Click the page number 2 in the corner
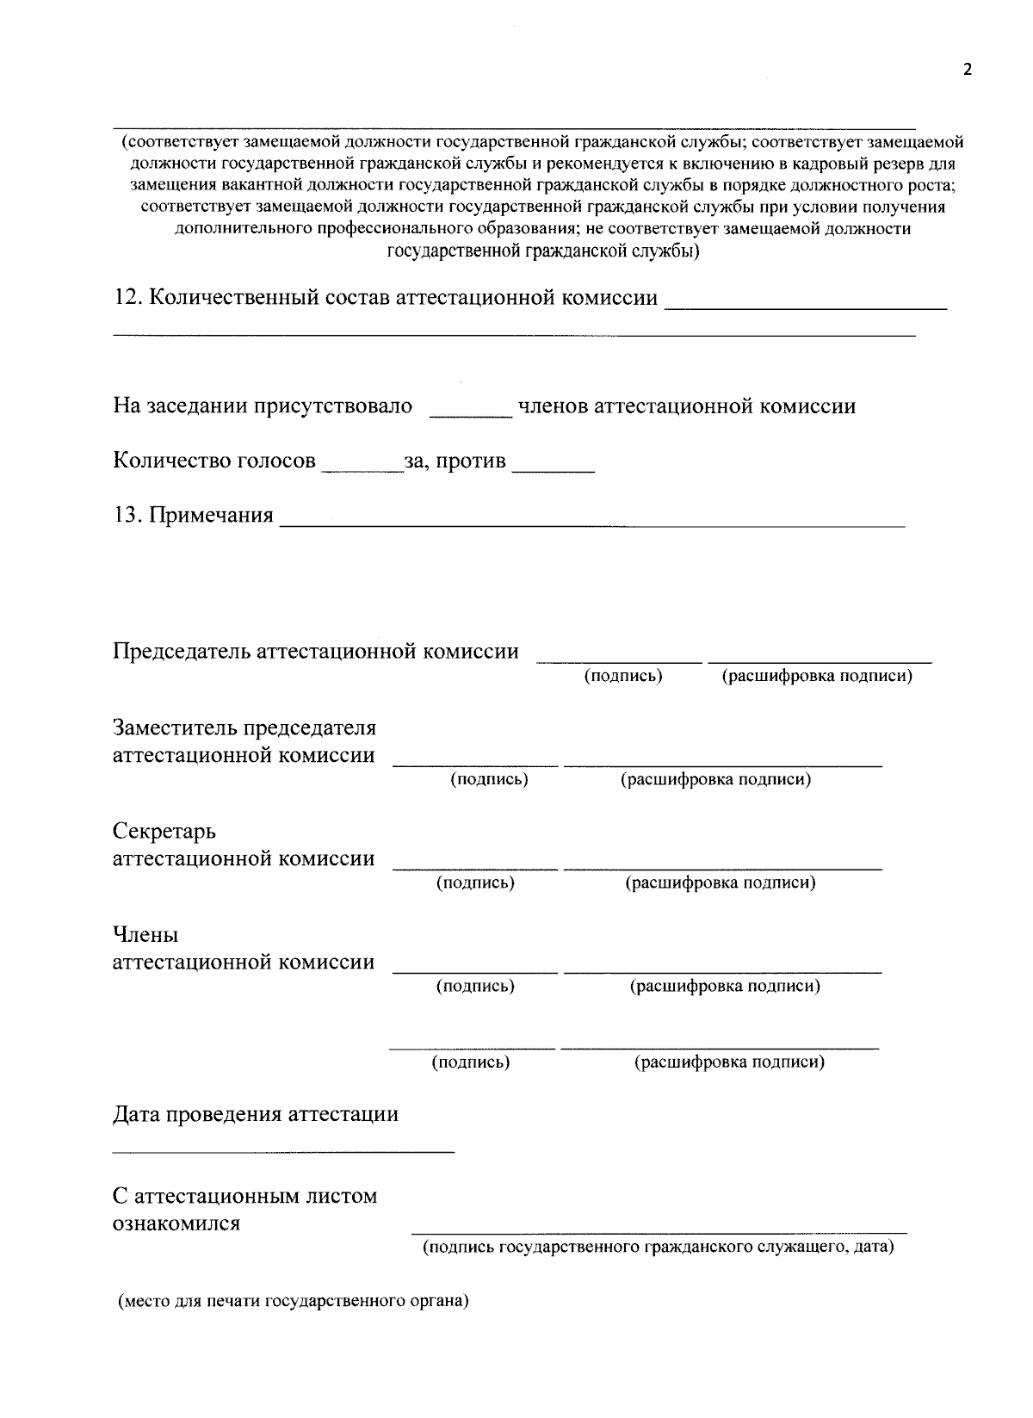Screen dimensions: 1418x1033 point(967,71)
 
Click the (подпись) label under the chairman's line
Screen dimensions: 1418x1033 point(623,676)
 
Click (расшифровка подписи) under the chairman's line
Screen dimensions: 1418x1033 point(816,676)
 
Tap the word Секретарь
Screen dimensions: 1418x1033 point(164,832)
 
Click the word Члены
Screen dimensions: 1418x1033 point(145,935)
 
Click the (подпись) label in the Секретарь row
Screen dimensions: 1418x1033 point(475,882)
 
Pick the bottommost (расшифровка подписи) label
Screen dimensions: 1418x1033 point(729,1062)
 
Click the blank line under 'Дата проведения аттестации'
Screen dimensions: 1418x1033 point(283,1150)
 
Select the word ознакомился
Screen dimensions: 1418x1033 point(176,1223)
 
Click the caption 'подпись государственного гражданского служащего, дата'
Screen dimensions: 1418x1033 point(658,1247)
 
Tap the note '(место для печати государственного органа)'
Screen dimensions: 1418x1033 point(293,1301)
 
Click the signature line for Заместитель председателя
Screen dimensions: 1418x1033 point(475,764)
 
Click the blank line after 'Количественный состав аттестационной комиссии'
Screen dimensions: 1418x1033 point(807,307)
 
